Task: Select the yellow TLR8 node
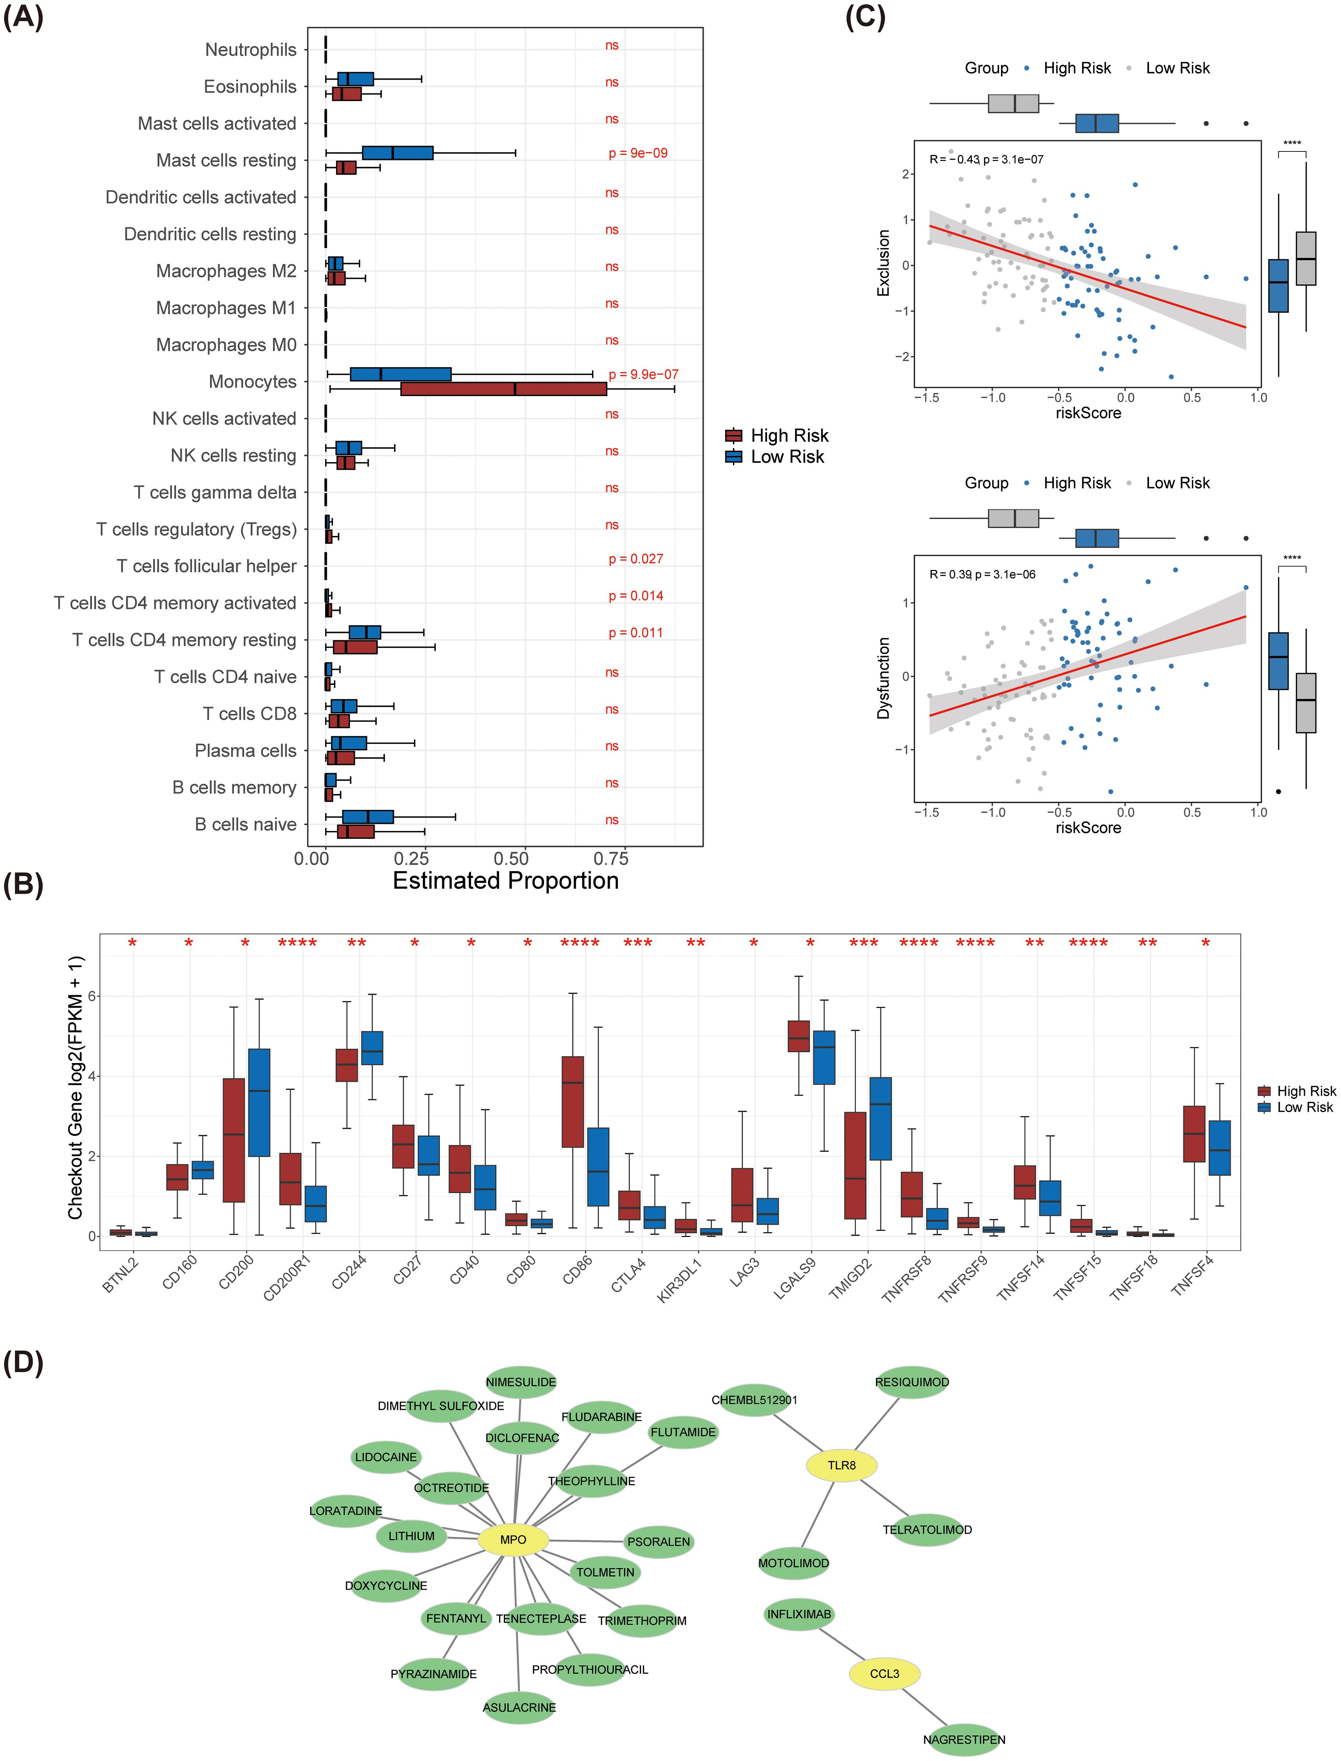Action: (841, 1465)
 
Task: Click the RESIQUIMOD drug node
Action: (912, 1382)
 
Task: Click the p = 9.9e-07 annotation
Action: (643, 374)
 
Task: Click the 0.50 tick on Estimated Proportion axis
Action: (511, 859)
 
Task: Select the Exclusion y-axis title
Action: (884, 263)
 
